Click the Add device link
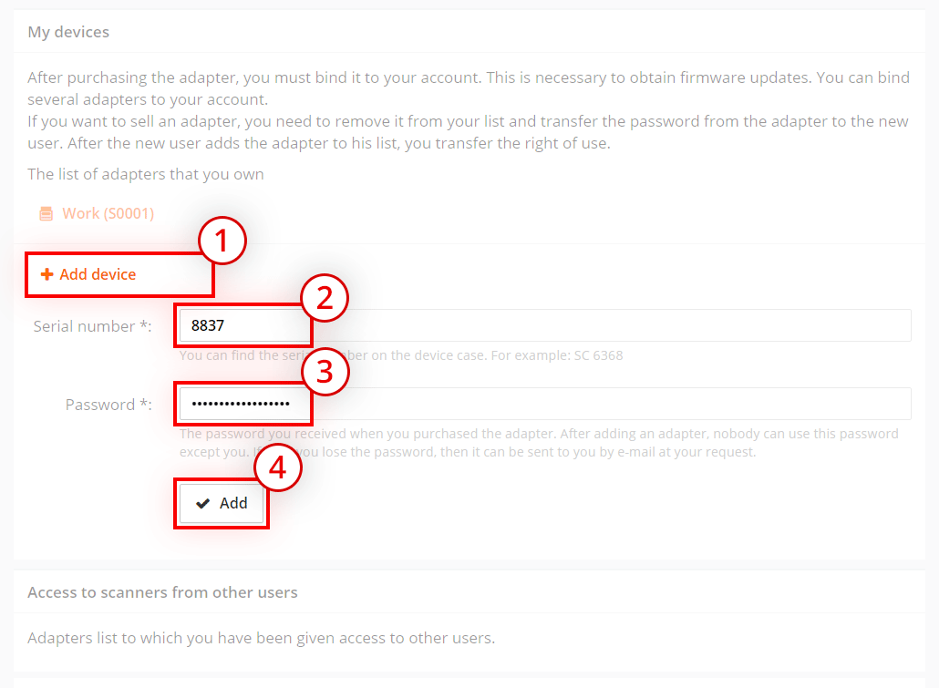click(x=98, y=274)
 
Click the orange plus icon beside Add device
click(x=47, y=274)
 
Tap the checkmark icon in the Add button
click(x=203, y=503)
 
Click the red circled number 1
click(x=222, y=242)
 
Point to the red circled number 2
click(x=325, y=298)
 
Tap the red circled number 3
click(x=325, y=373)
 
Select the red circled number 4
click(x=278, y=467)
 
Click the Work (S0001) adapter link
click(x=108, y=213)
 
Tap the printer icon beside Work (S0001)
click(x=46, y=214)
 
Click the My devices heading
click(x=68, y=32)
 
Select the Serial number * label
click(x=92, y=326)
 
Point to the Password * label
click(x=108, y=405)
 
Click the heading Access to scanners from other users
click(x=162, y=592)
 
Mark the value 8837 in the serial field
click(x=208, y=325)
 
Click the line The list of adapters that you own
click(x=146, y=174)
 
